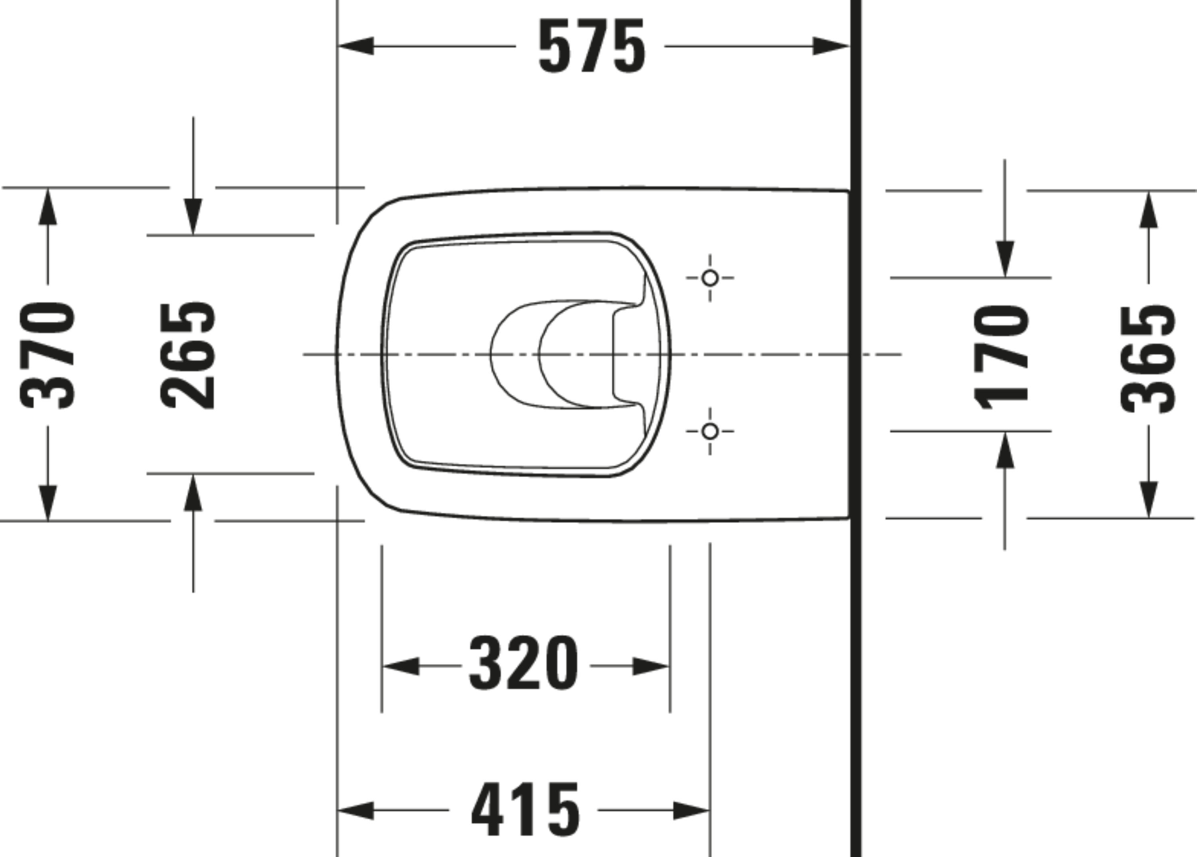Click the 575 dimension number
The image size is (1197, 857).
tap(591, 46)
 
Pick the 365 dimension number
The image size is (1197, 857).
tap(1148, 359)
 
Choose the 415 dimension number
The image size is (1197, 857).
tap(525, 809)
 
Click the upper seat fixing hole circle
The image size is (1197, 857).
tap(710, 277)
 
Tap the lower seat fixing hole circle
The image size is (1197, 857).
tap(710, 431)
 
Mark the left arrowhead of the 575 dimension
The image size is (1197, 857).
tap(356, 46)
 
